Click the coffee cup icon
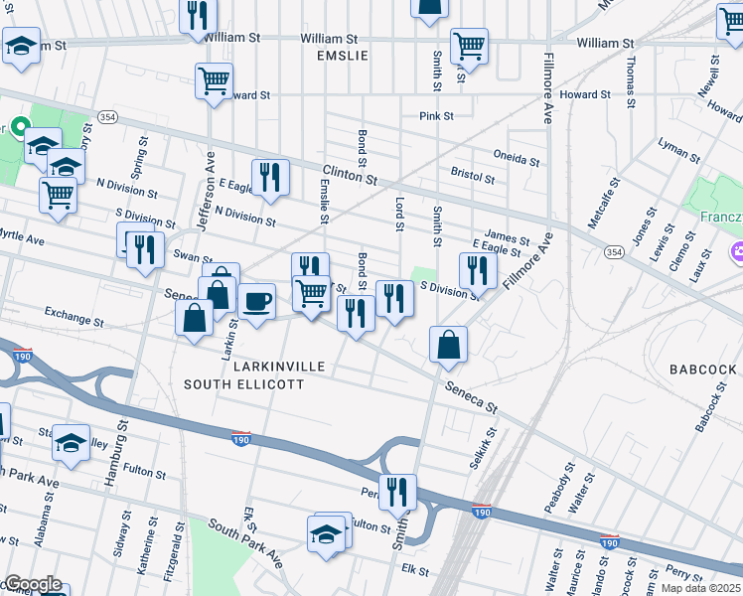(257, 300)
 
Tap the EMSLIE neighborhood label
(342, 56)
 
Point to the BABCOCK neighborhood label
(703, 369)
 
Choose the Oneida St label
(517, 159)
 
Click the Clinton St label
(349, 175)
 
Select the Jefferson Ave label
(206, 191)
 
